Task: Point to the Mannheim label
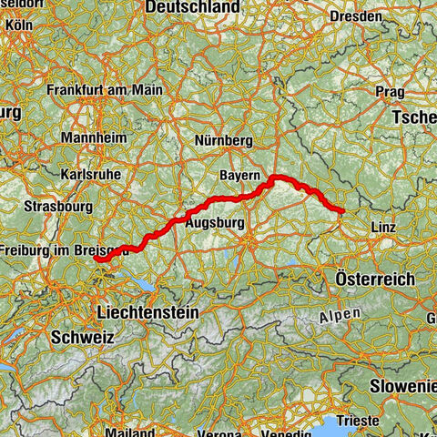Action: coord(87,137)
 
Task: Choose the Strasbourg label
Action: coord(57,205)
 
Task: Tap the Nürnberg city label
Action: coord(223,141)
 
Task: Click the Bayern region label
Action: coord(240,173)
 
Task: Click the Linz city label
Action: coord(382,227)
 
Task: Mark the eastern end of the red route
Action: coord(342,212)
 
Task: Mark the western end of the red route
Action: coord(96,259)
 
